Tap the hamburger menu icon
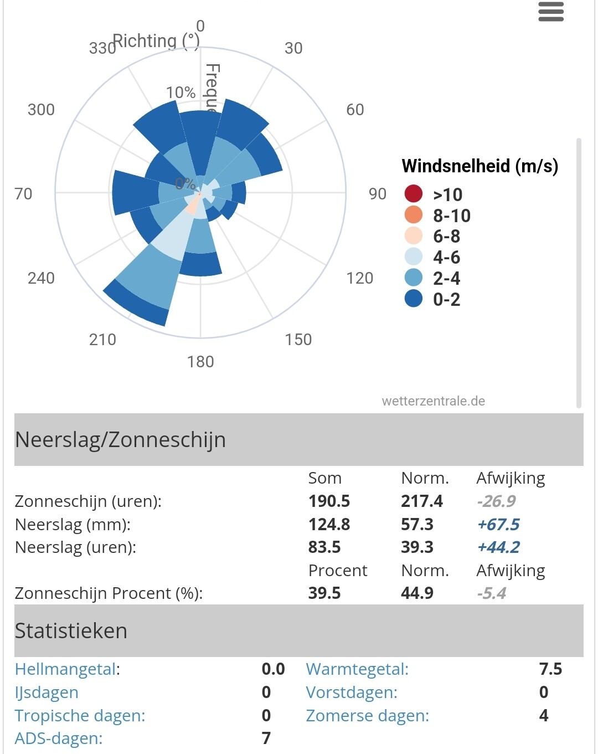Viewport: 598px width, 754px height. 550,12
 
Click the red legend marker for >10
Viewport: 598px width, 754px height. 414,194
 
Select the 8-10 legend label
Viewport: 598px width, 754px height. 452,216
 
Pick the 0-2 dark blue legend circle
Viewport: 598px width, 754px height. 414,299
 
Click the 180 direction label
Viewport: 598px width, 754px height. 200,362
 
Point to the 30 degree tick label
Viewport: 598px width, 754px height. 293,48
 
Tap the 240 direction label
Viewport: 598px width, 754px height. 41,278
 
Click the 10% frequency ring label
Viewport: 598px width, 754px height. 181,93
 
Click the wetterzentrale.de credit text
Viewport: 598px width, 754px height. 433,401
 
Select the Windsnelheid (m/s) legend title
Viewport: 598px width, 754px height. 480,166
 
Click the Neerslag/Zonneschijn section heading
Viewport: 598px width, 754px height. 120,440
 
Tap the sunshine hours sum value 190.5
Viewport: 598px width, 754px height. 329,501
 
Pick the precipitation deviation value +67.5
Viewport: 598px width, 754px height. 498,525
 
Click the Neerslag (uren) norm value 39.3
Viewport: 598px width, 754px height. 417,547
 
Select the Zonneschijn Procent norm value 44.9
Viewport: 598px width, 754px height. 417,593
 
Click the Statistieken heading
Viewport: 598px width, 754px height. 71,631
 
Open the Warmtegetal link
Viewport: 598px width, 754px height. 357,669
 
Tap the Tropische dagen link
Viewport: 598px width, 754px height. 80,716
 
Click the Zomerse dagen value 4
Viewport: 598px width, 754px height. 544,716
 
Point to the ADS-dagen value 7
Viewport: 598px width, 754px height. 266,738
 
